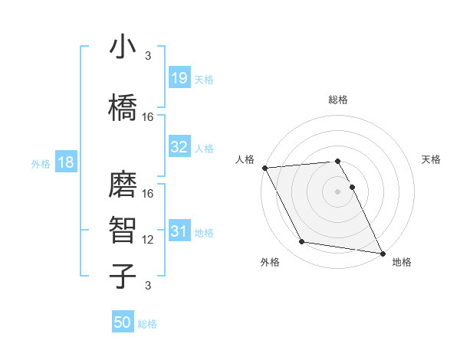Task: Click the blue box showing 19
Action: click(179, 79)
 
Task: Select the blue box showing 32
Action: click(179, 147)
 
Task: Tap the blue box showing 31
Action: click(179, 231)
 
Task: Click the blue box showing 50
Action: click(123, 323)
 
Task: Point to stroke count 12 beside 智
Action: click(149, 240)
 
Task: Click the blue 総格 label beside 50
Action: click(147, 324)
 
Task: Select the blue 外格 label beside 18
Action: click(41, 164)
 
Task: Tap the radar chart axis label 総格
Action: click(338, 100)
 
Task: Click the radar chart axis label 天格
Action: click(431, 159)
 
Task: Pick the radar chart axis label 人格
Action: click(245, 159)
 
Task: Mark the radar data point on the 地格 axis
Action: click(383, 253)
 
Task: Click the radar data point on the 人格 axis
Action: click(264, 167)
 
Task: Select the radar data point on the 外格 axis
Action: click(302, 242)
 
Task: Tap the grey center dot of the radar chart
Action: click(338, 191)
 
